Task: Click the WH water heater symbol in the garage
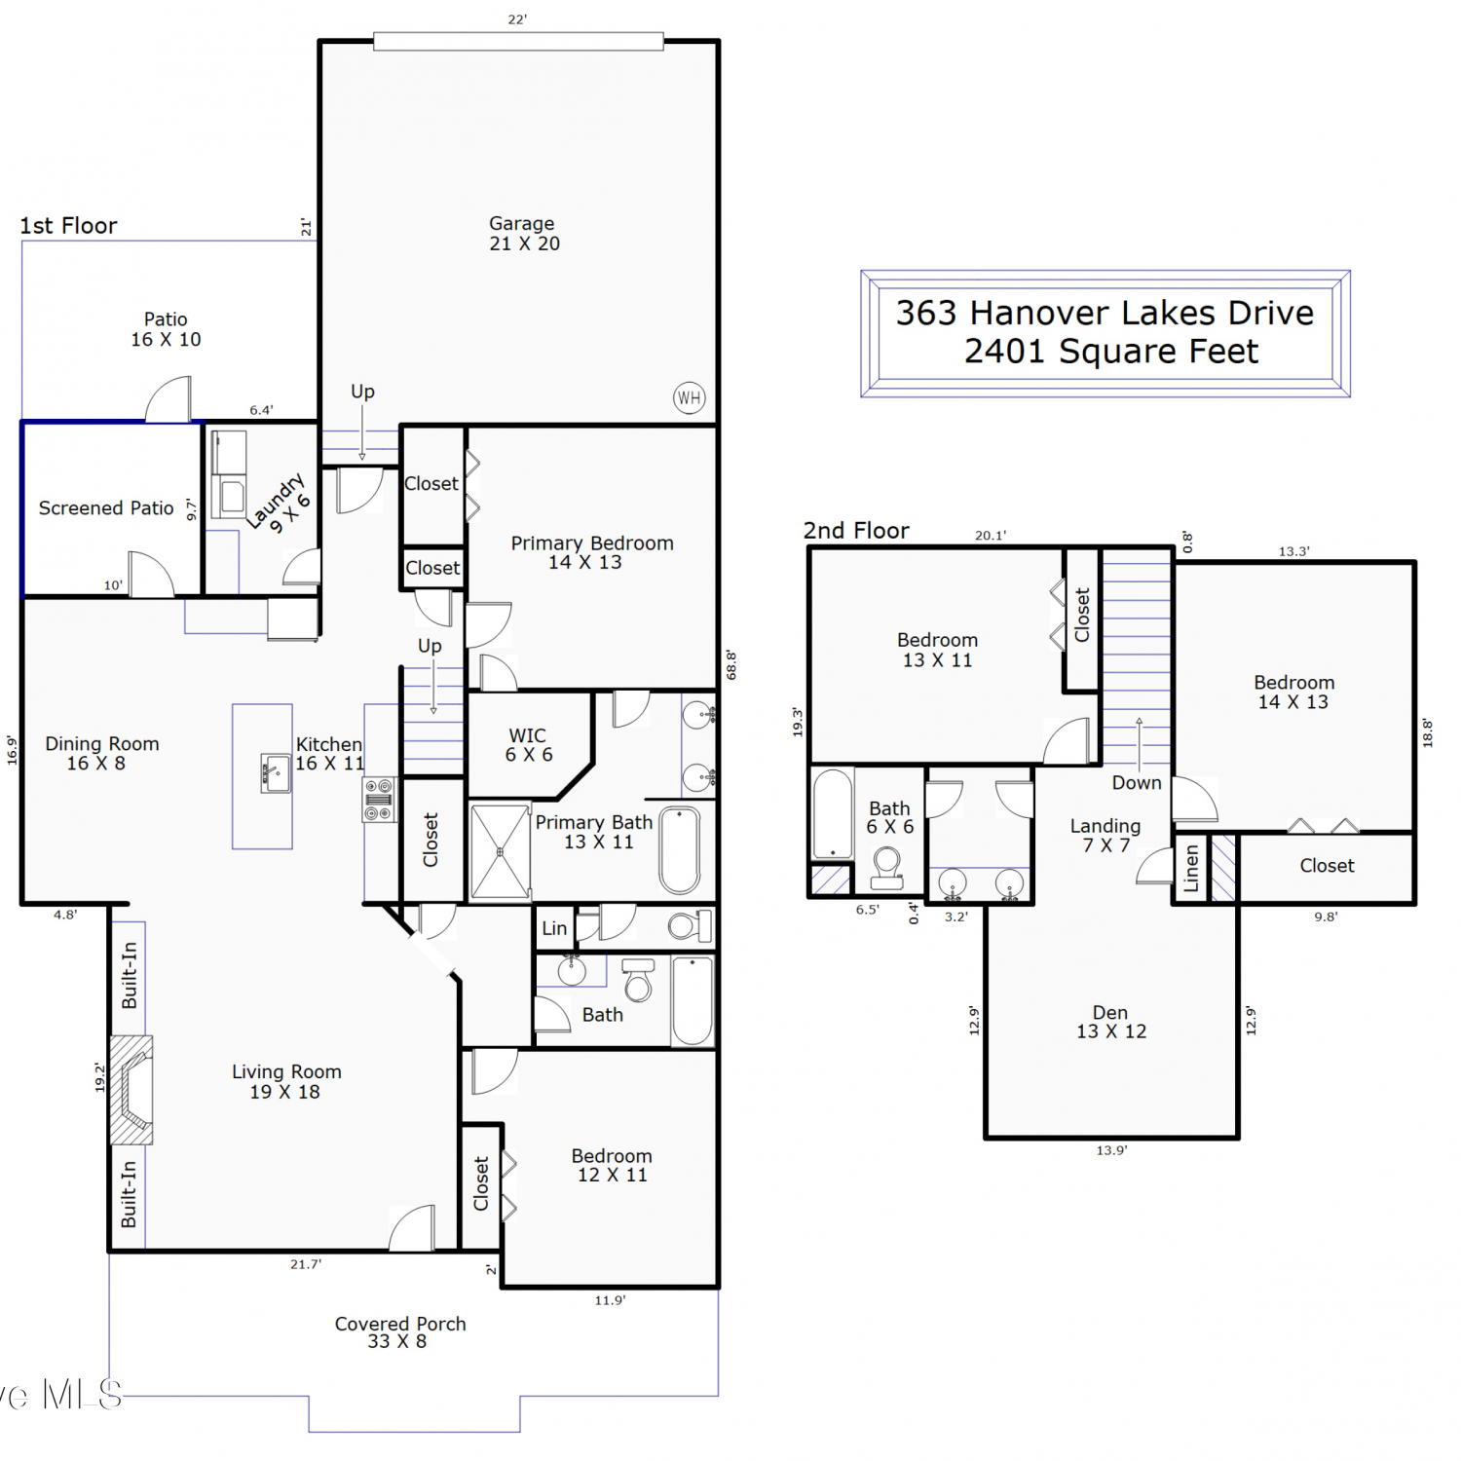(x=690, y=397)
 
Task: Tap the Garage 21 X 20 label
(x=524, y=234)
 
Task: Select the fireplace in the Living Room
(x=131, y=1089)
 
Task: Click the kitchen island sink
(x=276, y=773)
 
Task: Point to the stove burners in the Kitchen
(x=379, y=800)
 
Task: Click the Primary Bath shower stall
(x=501, y=851)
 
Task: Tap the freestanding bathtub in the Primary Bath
(x=680, y=850)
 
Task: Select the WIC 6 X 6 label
(x=528, y=745)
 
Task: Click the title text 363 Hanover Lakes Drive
(x=1105, y=313)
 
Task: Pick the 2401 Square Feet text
(x=1111, y=351)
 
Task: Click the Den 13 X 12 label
(x=1111, y=1022)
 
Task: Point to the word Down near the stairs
(x=1137, y=783)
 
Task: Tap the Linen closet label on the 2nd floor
(x=1190, y=868)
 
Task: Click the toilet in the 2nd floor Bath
(x=887, y=868)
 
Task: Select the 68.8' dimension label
(x=731, y=665)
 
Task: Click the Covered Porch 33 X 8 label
(x=399, y=1332)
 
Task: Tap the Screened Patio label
(x=106, y=508)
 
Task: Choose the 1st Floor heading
(x=68, y=226)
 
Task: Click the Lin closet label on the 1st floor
(x=554, y=928)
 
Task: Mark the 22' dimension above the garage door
(x=517, y=19)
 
